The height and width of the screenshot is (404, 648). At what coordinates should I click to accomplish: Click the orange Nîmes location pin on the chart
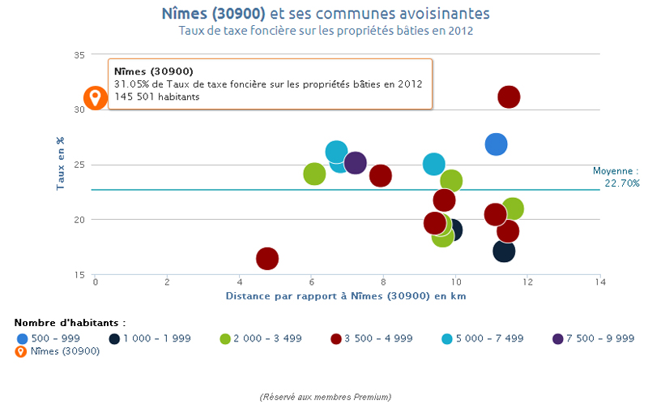[96, 98]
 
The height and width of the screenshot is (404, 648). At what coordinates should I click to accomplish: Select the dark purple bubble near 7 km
[355, 163]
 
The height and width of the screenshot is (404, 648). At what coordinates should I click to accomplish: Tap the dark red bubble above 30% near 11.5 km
[509, 97]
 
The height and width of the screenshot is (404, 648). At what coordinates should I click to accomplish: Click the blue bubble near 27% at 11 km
[496, 144]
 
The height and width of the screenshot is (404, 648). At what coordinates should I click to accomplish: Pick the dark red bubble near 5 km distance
[267, 259]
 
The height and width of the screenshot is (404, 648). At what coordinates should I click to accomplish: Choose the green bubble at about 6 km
[314, 174]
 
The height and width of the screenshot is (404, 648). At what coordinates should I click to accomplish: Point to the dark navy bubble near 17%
[503, 251]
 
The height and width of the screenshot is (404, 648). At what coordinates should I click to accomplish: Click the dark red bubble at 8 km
[381, 175]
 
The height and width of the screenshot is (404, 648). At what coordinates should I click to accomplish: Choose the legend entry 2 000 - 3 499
[260, 338]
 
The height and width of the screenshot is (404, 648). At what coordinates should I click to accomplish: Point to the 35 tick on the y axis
[79, 54]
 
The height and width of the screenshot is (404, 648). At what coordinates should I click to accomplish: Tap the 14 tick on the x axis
[599, 282]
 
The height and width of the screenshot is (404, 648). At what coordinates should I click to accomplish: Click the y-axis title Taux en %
[60, 164]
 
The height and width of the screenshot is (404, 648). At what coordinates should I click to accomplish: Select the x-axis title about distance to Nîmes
[345, 296]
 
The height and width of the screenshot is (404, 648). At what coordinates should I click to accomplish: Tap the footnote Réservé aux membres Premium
[326, 397]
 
